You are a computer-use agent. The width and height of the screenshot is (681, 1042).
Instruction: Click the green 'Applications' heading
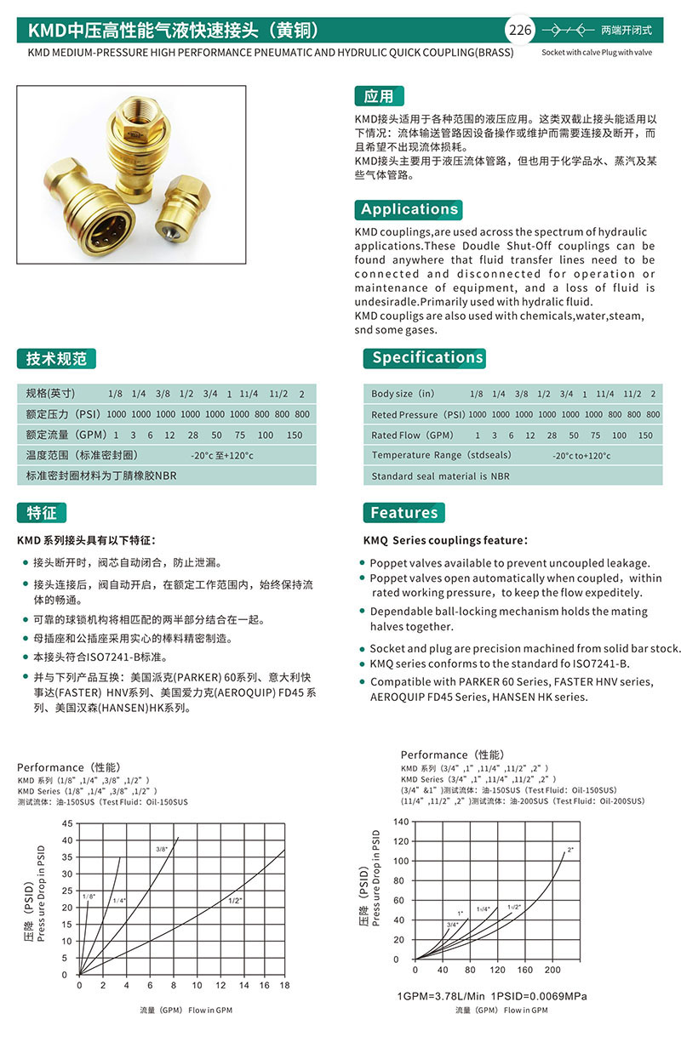point(409,209)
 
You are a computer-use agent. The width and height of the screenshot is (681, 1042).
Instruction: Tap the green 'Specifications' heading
point(427,357)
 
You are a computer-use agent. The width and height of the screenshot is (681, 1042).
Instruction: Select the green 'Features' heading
point(403,512)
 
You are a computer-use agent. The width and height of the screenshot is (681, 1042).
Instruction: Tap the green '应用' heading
point(379,96)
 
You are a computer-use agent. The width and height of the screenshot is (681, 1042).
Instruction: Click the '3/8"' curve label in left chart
point(162,849)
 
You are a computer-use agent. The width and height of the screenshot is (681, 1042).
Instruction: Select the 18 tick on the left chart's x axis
point(284,985)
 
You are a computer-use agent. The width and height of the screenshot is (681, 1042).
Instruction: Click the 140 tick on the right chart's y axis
point(401,822)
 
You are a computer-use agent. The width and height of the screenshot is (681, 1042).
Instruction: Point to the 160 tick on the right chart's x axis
point(524,970)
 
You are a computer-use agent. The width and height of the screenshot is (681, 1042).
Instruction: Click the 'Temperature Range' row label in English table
point(428,456)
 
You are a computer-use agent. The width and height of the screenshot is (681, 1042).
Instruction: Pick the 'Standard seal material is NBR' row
point(440,476)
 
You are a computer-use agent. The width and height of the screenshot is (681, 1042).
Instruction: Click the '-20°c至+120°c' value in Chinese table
point(222,456)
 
